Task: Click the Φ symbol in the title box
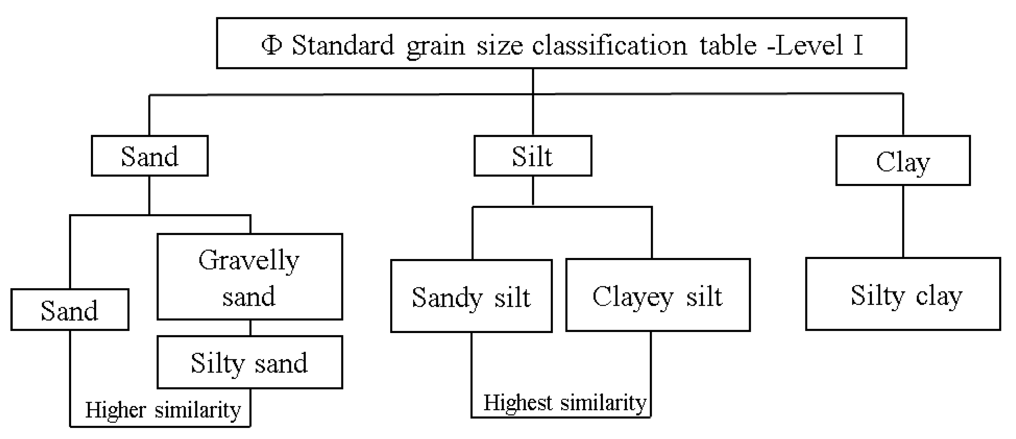(272, 45)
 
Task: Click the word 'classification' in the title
(610, 45)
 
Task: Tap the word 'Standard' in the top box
(343, 45)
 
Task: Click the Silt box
(532, 156)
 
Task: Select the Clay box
(903, 161)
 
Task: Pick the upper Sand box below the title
(149, 156)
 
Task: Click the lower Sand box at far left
(70, 310)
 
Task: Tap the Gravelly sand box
(250, 277)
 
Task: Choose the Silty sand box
(250, 362)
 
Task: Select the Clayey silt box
(658, 295)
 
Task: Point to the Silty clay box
(903, 294)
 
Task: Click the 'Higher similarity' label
(163, 410)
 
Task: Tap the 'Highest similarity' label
(565, 403)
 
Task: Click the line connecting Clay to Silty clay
(903, 221)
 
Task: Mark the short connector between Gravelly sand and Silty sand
(250, 328)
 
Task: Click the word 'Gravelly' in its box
(249, 260)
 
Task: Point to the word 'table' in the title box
(728, 45)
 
